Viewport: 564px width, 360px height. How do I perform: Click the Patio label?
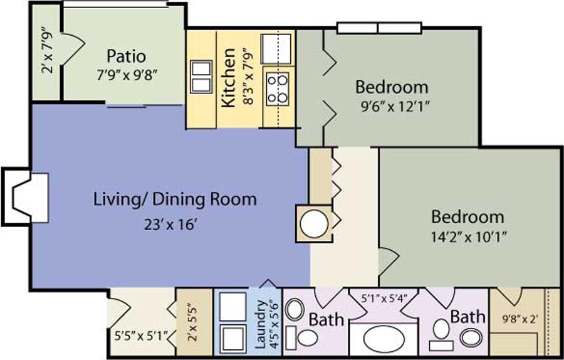pos(126,56)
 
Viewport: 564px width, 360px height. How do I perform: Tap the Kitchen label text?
pos(228,78)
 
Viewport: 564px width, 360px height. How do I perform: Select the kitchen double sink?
pos(201,77)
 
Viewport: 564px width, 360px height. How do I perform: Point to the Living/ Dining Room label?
pos(175,200)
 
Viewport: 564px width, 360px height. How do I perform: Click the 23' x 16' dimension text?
pos(171,225)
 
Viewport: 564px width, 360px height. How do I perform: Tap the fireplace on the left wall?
pos(26,198)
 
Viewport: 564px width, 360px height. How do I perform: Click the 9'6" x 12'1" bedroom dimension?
pos(395,107)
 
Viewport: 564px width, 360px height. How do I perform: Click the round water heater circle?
pos(314,224)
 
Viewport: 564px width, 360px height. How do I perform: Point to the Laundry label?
pos(259,324)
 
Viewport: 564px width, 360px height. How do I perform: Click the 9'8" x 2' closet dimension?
pos(520,319)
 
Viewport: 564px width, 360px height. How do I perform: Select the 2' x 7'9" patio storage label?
pos(48,50)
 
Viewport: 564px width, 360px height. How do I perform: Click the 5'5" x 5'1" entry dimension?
pos(142,337)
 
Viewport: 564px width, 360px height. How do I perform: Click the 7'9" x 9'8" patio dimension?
pos(127,76)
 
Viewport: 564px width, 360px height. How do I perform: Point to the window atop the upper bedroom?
pos(379,28)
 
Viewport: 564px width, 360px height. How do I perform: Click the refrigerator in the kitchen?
pos(276,49)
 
